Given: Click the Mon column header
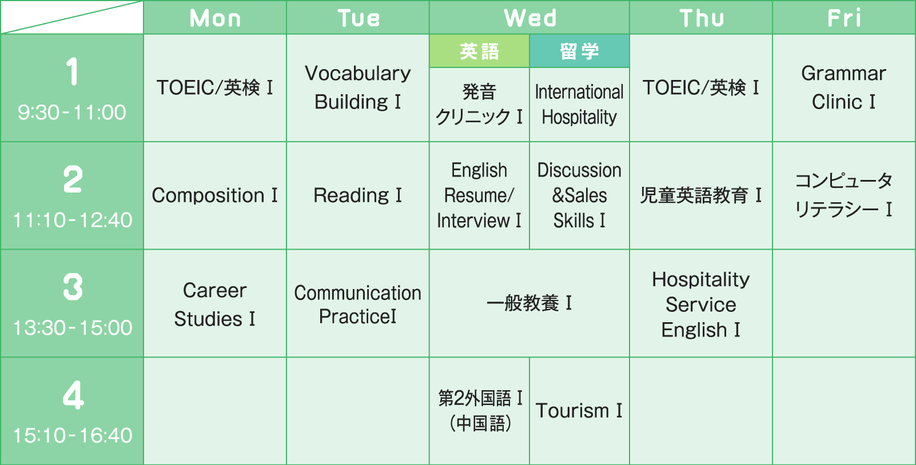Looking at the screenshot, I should point(215,18).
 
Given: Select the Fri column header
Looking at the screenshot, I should point(844,18).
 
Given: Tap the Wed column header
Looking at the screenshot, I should point(529,18).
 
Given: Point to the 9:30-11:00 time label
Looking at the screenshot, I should point(72,113).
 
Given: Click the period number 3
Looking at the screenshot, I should point(73,287).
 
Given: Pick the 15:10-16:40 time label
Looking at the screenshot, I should point(73,436).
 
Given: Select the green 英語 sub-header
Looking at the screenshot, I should point(479,51).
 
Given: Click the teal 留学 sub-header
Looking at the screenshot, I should point(579,51).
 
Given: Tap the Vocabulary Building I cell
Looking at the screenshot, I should point(358,87).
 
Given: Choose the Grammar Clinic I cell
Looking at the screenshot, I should point(844,87).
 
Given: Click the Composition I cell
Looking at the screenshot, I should point(215,195).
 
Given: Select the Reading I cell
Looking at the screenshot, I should point(358,195).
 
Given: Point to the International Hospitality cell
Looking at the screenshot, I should point(579,105).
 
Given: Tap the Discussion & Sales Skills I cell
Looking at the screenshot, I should point(579,195).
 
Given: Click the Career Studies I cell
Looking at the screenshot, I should point(215,304).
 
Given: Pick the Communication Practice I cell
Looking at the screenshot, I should point(358,304).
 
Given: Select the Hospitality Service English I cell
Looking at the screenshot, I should point(701,304).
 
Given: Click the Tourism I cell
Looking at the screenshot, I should point(579,411).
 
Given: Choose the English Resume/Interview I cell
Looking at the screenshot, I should point(479,195).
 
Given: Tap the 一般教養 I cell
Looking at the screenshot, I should point(529,303).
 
